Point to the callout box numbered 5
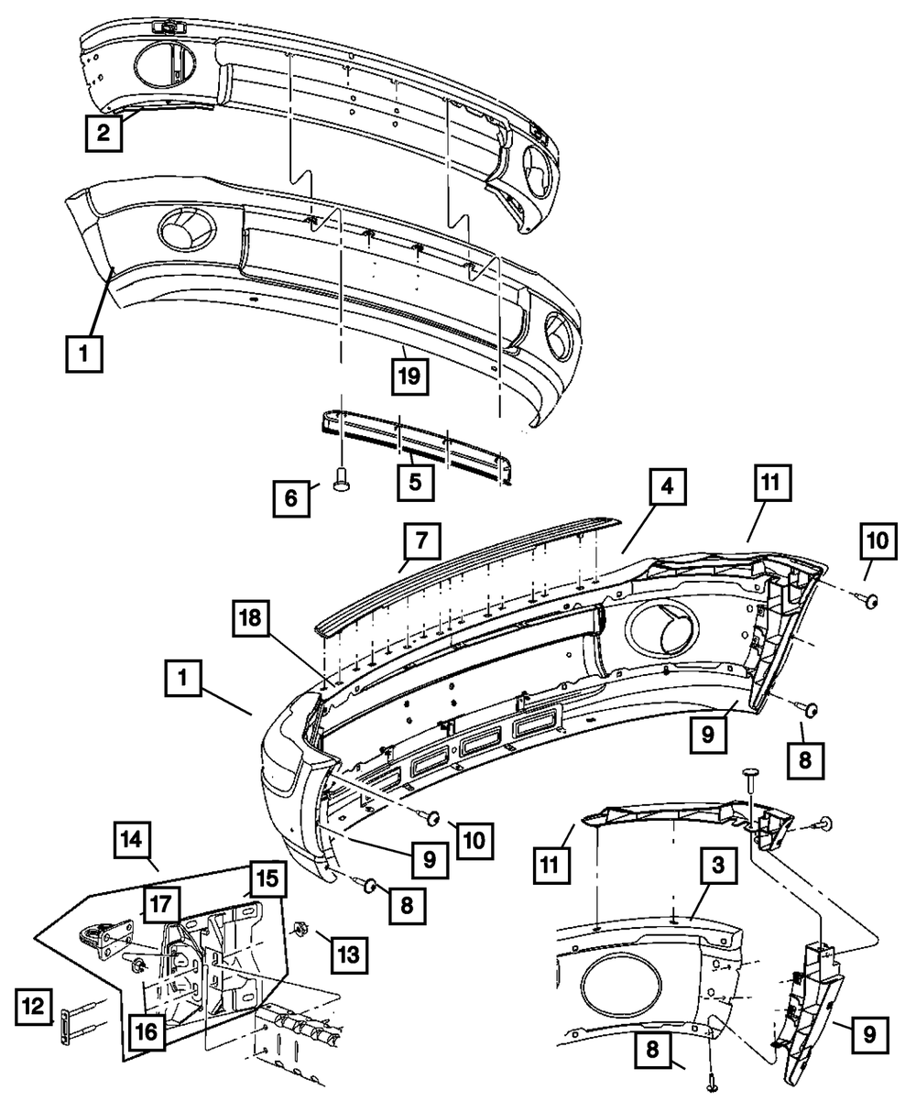(x=414, y=481)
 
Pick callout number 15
(x=266, y=880)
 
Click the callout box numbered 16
(x=147, y=1031)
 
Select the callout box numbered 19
(x=411, y=376)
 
